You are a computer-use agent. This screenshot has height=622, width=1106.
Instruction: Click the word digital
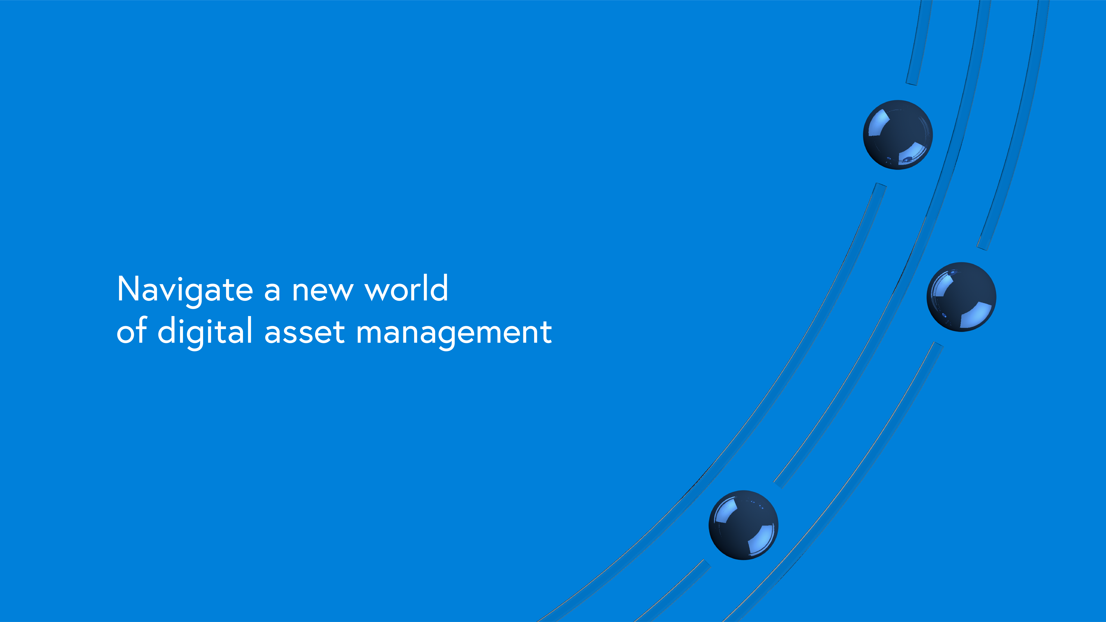click(205, 333)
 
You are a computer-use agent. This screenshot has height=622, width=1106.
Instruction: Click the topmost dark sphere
click(898, 135)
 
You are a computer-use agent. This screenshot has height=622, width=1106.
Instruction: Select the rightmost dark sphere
click(961, 297)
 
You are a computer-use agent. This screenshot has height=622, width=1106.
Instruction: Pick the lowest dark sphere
click(743, 525)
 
